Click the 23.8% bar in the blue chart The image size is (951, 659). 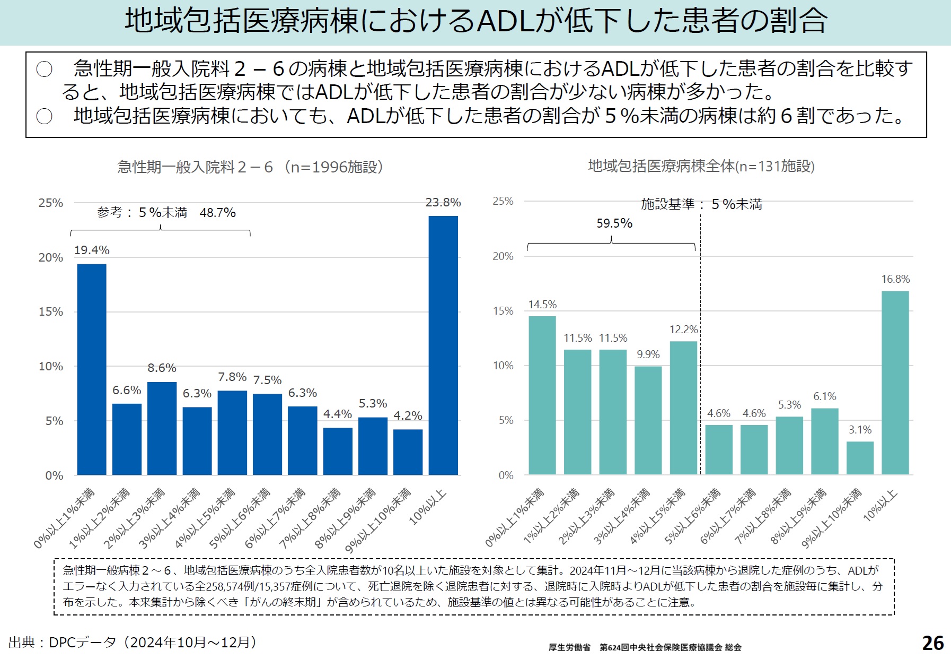(x=443, y=345)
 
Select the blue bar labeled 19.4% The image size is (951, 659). (x=92, y=369)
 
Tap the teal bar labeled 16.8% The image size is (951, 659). (x=895, y=383)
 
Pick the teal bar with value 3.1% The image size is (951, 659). (x=860, y=458)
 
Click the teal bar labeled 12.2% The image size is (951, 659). (x=683, y=407)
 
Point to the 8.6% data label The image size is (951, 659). (x=162, y=368)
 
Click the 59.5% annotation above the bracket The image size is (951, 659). (x=614, y=223)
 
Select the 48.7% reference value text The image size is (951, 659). (x=217, y=213)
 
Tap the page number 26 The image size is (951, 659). (x=932, y=643)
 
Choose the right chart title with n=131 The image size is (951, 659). (x=701, y=166)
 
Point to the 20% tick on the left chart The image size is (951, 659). (x=51, y=257)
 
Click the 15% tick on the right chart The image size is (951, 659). (x=503, y=311)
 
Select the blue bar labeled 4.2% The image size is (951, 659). (x=408, y=452)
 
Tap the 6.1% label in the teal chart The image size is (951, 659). (x=824, y=396)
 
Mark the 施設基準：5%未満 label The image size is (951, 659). (x=701, y=204)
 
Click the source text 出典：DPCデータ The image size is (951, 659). (x=133, y=643)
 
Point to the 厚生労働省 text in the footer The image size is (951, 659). (x=569, y=647)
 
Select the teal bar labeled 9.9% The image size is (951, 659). (x=648, y=420)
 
